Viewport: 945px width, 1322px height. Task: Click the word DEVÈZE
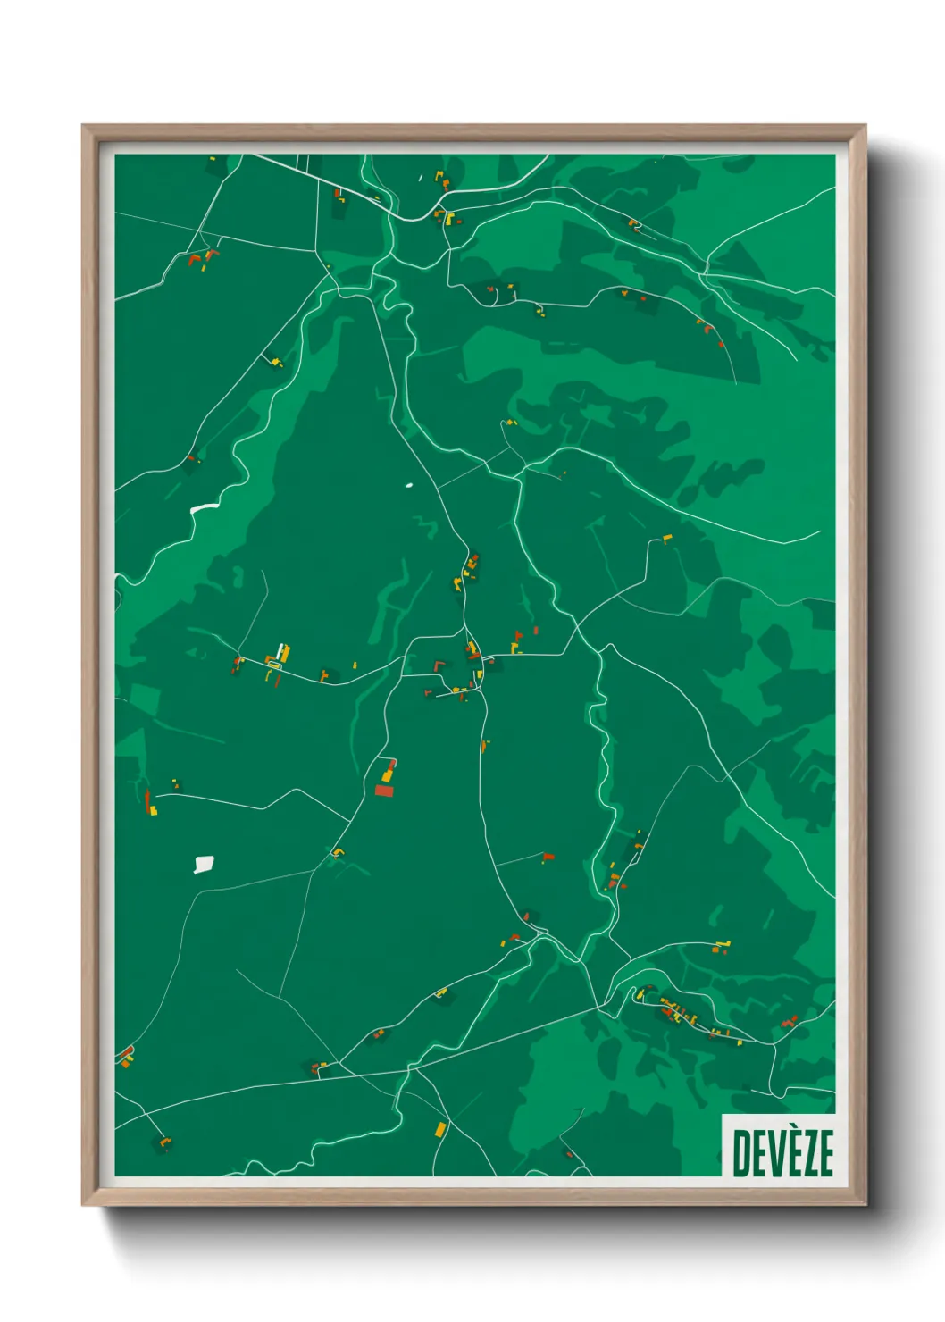coord(783,1152)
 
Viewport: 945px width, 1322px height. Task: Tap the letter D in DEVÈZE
coord(740,1152)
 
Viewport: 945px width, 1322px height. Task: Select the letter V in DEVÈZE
coord(774,1152)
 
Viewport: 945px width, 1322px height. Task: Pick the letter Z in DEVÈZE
coord(807,1152)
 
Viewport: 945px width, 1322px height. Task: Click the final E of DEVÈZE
coord(825,1152)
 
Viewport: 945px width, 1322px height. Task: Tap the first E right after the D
coord(757,1152)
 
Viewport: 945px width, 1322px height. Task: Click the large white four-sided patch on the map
coord(204,864)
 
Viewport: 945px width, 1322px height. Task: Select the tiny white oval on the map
coord(409,486)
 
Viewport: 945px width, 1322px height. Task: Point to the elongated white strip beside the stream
coord(205,507)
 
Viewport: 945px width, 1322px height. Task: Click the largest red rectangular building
coord(384,791)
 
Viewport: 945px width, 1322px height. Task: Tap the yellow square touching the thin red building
coord(153,811)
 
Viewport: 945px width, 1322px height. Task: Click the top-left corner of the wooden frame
coord(83,126)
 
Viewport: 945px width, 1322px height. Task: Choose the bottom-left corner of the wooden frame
coord(83,1204)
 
